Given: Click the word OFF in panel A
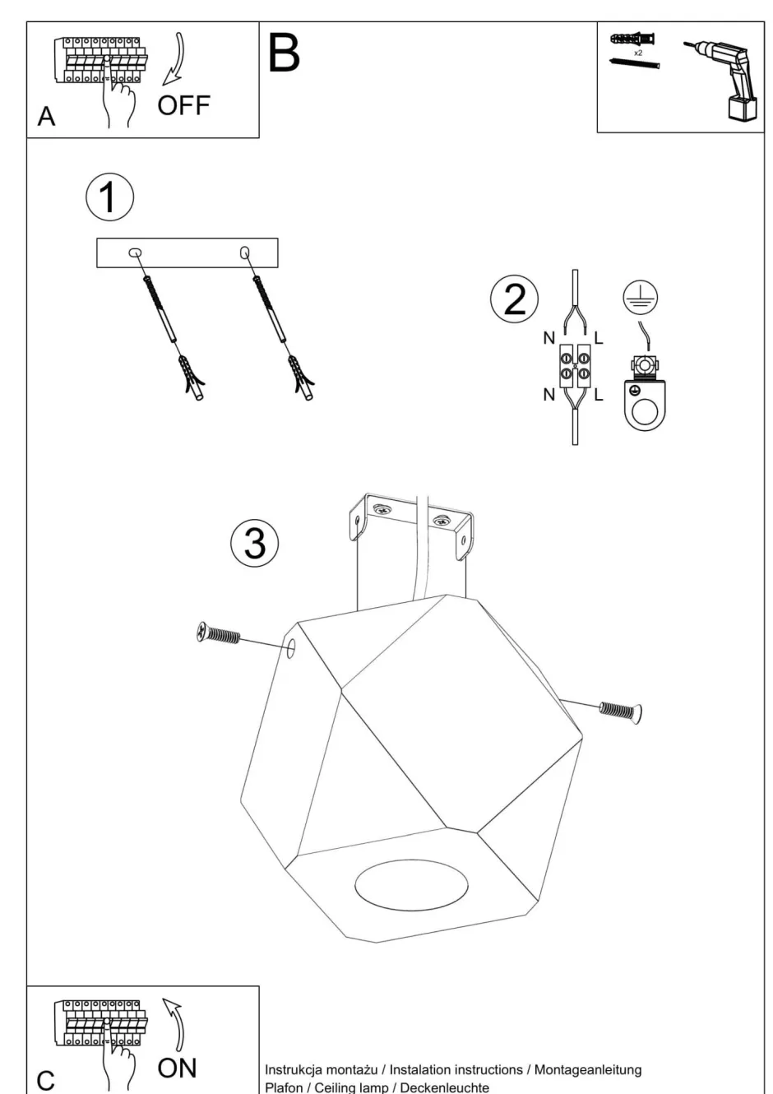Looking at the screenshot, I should coord(183,105).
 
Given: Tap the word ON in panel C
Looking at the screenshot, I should coord(177,1068).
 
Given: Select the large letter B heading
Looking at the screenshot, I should coord(284,53).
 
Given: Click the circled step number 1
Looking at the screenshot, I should coord(109,197).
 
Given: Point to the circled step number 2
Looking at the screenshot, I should coord(514,299).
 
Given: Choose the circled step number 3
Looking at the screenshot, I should coord(255,543).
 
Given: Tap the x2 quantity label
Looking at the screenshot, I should coord(638,52).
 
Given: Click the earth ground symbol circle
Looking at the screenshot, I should coord(640,297).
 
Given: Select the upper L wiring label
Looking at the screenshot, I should coord(598,336).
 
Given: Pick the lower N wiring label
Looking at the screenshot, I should coord(549,395).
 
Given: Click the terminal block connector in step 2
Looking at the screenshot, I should coord(575,366).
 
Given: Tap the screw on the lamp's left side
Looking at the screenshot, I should coord(219,634).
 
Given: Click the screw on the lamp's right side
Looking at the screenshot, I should coord(621,710).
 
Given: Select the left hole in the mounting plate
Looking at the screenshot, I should coord(136,253).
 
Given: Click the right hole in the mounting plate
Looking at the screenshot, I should coord(244,253).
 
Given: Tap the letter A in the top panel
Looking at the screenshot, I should coord(47,117).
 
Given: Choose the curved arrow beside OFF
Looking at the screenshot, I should coord(174,58).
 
